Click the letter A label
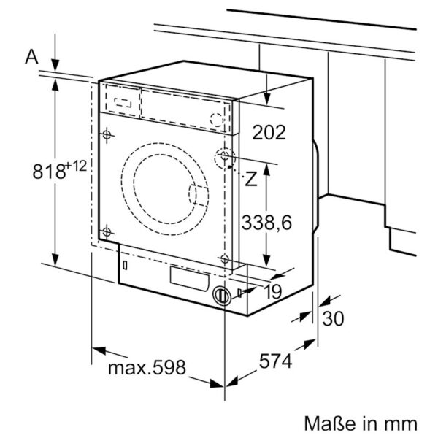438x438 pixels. coord(31,56)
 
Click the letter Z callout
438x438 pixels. coord(250,179)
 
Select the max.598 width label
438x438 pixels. coord(147,366)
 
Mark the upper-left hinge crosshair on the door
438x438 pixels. coord(107,135)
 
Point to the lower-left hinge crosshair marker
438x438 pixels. coord(107,231)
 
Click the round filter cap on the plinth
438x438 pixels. coord(221,296)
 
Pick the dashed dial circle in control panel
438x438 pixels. coord(217,120)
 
